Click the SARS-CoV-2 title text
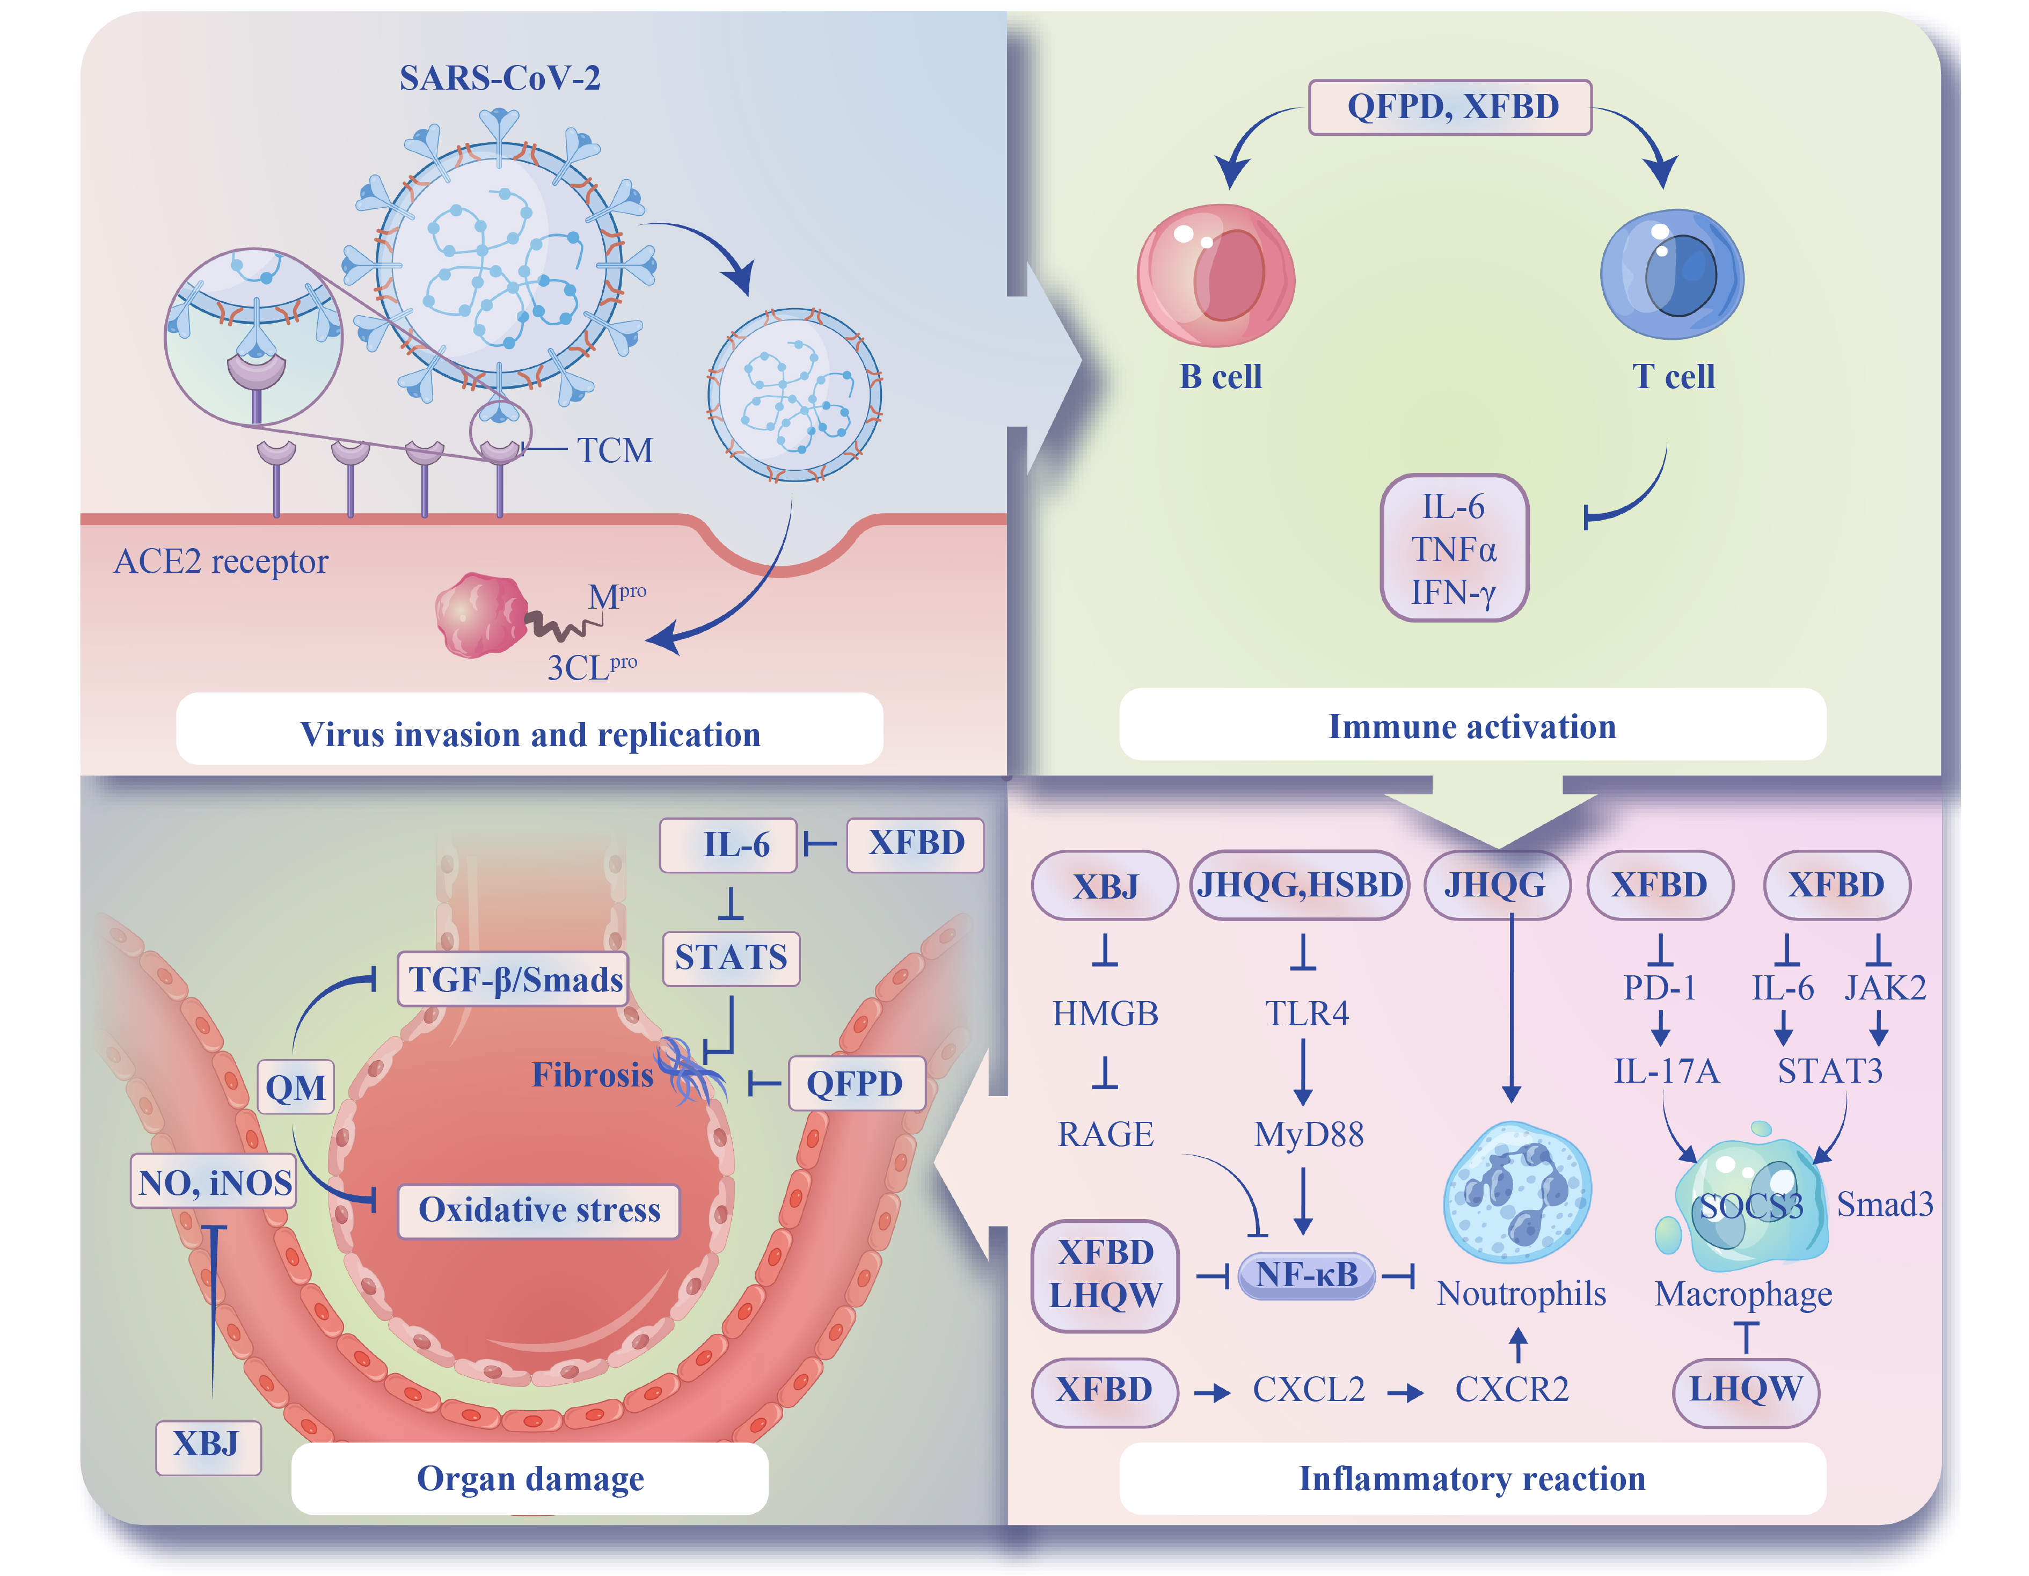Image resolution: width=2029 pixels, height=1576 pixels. coord(500,78)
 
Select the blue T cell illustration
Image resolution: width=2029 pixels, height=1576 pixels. coord(1672,274)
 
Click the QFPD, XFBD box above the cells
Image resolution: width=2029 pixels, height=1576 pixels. coord(1450,107)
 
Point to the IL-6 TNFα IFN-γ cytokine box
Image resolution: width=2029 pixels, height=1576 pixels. coord(1454,548)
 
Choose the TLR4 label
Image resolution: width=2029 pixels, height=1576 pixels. coord(1306,1013)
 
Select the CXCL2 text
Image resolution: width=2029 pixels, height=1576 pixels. coord(1308,1389)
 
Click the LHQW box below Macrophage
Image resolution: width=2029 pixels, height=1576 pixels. coord(1745,1390)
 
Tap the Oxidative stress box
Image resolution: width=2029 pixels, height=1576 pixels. coord(539,1210)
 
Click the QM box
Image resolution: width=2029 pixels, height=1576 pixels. coord(295,1087)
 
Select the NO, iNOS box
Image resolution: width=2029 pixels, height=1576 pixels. coord(215,1182)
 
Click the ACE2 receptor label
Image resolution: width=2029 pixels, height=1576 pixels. coord(221,561)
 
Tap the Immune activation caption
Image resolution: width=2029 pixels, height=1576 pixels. coord(1472,726)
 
